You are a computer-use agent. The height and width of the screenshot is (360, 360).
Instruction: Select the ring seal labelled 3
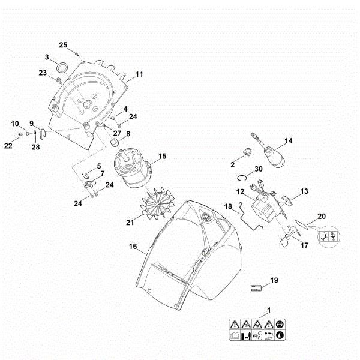tap(61, 65)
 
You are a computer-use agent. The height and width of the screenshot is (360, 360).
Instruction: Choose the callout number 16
tap(133, 246)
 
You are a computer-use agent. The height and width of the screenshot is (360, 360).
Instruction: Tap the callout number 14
tap(289, 141)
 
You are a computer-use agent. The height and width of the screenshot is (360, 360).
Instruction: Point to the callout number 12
tap(239, 192)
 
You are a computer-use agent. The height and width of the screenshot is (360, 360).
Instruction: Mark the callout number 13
tap(304, 191)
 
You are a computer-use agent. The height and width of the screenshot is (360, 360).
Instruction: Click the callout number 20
tap(322, 216)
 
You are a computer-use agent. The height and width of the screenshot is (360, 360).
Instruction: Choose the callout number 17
tap(304, 245)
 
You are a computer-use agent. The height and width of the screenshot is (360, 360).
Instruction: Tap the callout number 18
tap(228, 206)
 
